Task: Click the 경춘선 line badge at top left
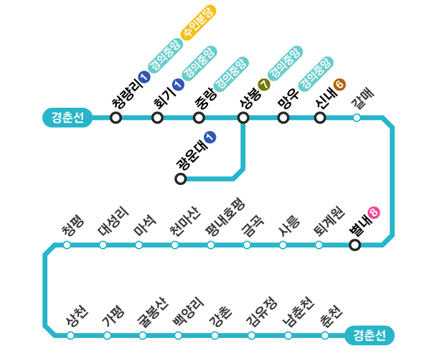(x=67, y=118)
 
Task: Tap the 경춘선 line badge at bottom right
(x=369, y=336)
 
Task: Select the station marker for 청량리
(x=116, y=118)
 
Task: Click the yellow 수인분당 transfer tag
(x=198, y=23)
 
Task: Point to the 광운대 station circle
(x=180, y=179)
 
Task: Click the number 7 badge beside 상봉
(x=264, y=84)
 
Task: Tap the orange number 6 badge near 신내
(x=340, y=85)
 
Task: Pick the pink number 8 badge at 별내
(x=374, y=212)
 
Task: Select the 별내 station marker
(x=355, y=246)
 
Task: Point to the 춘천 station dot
(x=325, y=336)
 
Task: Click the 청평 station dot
(x=67, y=246)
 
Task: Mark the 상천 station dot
(x=71, y=336)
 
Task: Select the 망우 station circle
(x=283, y=118)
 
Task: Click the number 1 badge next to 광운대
(x=210, y=137)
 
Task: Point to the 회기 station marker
(x=157, y=118)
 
